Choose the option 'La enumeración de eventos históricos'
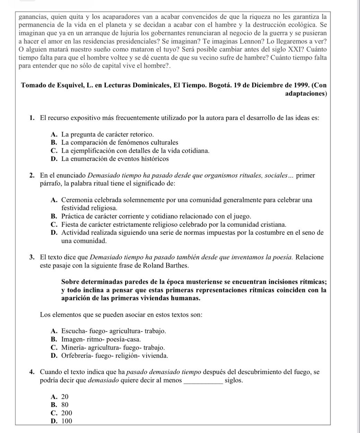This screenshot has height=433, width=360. (115, 159)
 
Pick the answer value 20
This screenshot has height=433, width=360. (65, 397)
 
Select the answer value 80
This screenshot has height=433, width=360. (65, 405)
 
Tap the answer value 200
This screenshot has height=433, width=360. (67, 413)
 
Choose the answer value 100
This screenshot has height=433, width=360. (67, 421)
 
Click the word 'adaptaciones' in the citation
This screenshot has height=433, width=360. (306, 94)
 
